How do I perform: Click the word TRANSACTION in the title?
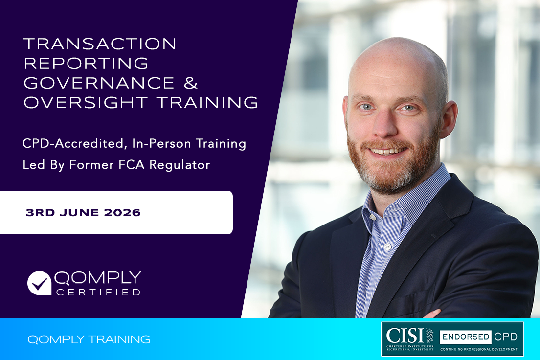coord(100,44)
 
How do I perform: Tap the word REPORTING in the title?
coord(86,63)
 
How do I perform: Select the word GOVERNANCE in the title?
coord(99,83)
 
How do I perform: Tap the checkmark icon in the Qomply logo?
coord(39,283)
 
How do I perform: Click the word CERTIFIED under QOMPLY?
coord(98,292)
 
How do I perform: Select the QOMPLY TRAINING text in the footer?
coord(89,339)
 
